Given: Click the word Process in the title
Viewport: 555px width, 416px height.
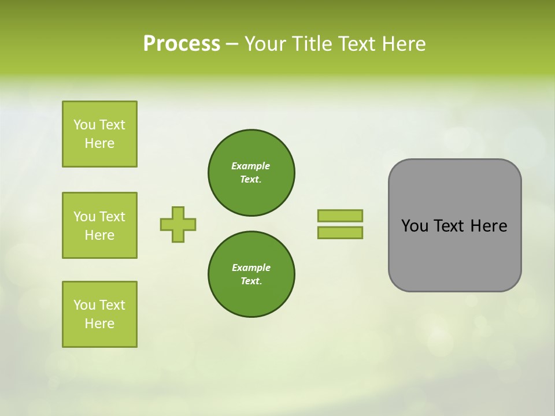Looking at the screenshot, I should (182, 44).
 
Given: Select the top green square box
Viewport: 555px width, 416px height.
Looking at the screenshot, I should (99, 134).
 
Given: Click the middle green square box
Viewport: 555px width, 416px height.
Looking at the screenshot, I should (99, 225).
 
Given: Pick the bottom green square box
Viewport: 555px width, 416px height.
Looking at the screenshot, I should (99, 314).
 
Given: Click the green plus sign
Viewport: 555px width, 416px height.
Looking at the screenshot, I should (178, 224).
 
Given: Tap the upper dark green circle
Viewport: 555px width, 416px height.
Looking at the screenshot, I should (251, 173).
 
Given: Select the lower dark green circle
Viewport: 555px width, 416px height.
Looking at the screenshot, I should (251, 274).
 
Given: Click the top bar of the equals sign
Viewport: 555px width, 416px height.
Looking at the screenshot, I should (340, 216).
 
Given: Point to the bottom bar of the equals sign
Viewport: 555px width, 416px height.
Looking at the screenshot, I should (340, 233).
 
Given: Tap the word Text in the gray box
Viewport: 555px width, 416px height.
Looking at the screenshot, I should (449, 226).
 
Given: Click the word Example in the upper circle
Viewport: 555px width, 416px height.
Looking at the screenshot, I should (251, 166).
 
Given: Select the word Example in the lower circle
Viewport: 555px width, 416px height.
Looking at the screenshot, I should (251, 268).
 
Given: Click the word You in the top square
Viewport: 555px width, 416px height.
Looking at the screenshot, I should (84, 125).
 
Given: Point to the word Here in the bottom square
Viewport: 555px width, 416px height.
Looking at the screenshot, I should (99, 324).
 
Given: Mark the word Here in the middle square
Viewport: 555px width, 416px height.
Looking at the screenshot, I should (99, 235).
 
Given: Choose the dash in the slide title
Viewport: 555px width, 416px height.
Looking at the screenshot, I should (232, 44).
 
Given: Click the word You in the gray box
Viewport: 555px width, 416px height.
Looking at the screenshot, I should (415, 226).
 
